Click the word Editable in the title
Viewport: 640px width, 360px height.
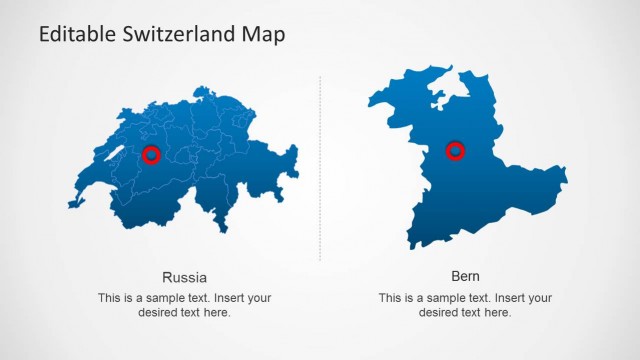pos(73,34)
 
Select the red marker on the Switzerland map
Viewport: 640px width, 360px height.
pos(151,154)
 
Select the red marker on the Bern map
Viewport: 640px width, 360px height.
pos(455,151)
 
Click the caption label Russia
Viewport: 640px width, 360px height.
pos(184,277)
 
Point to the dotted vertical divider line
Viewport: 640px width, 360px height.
pos(320,170)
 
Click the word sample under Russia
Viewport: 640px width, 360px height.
pos(157,298)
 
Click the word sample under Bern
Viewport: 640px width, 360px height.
pos(438,298)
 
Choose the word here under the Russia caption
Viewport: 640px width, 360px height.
pos(217,312)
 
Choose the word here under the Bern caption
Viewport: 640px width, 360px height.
pos(498,312)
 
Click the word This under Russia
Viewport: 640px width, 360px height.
pos(109,298)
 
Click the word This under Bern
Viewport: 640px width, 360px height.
pos(390,298)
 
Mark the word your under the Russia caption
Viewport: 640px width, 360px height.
pos(257,298)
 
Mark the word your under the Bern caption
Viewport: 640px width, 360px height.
pos(538,298)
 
